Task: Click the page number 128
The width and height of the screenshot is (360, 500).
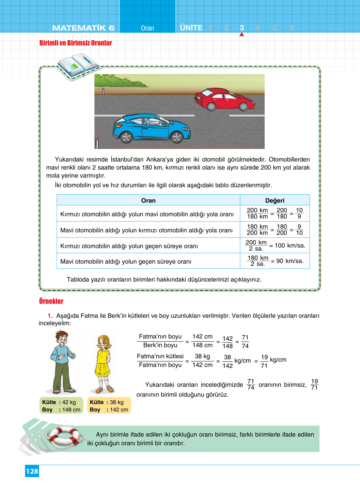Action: point(32,471)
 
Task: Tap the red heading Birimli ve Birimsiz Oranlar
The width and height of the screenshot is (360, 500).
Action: point(76,43)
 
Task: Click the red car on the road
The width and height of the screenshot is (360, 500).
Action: point(224,99)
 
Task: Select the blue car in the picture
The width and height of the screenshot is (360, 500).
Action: point(151,128)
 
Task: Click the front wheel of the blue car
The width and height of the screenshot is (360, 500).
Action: point(177,137)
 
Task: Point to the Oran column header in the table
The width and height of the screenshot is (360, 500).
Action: point(148,200)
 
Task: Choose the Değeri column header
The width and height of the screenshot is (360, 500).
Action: point(275,200)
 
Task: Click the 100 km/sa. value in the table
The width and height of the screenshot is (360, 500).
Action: point(290,246)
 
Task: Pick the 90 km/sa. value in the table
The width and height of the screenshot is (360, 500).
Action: point(290,261)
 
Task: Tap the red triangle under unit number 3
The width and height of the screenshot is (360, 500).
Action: point(242,34)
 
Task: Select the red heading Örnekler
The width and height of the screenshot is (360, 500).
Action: point(51,301)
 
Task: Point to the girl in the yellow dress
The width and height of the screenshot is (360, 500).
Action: point(103,364)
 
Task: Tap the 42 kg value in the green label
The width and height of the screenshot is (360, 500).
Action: point(69,402)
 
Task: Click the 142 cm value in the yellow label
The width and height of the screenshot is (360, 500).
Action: point(119,410)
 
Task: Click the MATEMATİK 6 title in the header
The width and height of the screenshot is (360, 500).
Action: point(83,28)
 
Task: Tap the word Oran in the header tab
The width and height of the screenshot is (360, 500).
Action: point(147,28)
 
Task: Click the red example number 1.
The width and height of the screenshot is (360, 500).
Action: point(50,316)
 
